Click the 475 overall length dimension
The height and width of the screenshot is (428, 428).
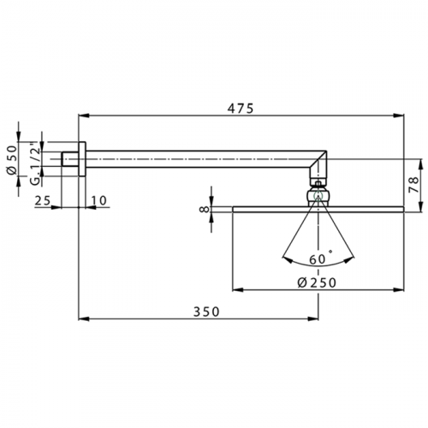pos(241,109)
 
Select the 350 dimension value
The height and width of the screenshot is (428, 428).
pos(206,312)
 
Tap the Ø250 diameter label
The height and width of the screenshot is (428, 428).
pos(317,282)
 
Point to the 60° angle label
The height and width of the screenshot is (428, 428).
pos(320,259)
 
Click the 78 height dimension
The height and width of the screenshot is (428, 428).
pos(414,185)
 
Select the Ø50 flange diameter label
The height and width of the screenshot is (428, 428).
pos(12,159)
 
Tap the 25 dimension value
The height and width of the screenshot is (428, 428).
pos(43,200)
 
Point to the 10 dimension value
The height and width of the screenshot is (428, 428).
pos(98,200)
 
